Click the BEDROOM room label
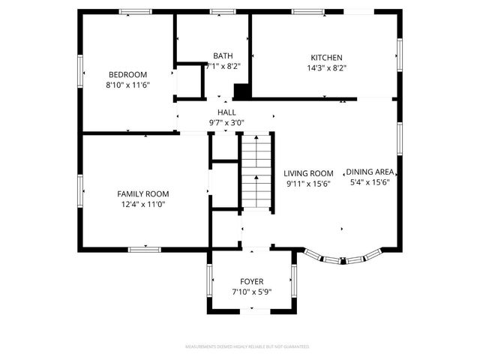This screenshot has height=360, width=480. coord(127,74)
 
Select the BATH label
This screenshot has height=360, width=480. coord(223,55)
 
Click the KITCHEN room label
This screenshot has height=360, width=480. coord(327,58)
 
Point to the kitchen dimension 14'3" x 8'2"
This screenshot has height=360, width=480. coord(327,67)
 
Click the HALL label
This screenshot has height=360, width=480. coord(226,112)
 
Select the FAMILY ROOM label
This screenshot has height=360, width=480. coord(142,193)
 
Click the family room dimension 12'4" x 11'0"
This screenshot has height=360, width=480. coord(142,203)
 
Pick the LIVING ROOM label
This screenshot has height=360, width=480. coord(308,172)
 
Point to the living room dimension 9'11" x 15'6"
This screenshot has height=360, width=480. coord(308,183)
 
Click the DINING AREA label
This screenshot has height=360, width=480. coord(370,171)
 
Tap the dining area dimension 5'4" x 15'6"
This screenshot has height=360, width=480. coord(370,181)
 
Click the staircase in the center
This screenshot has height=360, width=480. coord(256,170)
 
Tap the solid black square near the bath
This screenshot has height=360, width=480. coord(241,91)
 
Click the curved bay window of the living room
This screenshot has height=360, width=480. coord(342,259)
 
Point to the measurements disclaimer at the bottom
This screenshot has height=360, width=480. coord(247,346)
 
